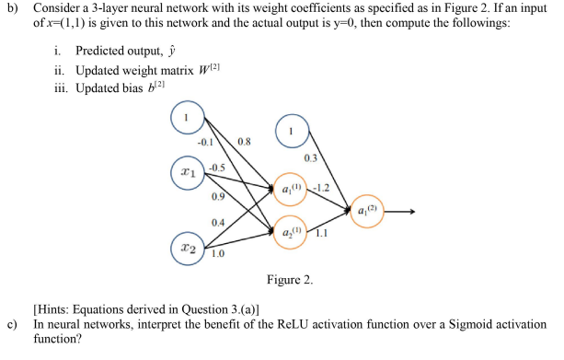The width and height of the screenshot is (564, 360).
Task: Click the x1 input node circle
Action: point(188,171)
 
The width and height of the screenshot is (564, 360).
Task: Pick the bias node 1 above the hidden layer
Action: point(293,130)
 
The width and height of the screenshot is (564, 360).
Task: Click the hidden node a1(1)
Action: point(290,192)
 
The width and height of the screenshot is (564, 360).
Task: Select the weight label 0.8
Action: point(243,142)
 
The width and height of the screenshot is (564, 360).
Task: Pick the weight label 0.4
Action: point(218,223)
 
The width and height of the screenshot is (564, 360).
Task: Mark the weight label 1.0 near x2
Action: point(220,254)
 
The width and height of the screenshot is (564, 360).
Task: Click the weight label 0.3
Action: point(313,158)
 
